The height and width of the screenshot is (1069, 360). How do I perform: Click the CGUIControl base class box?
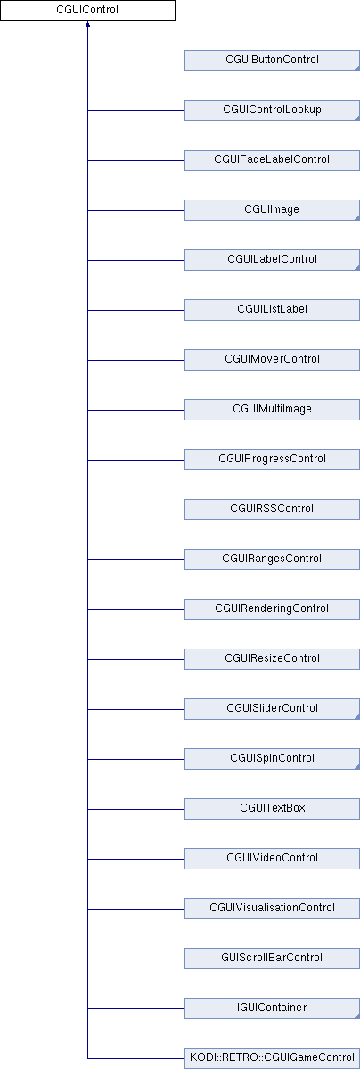(87, 10)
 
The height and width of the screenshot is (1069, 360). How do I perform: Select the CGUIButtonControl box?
(272, 61)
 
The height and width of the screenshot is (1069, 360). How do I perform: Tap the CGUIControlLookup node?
(272, 110)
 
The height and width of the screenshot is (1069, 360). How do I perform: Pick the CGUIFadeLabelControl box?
(272, 159)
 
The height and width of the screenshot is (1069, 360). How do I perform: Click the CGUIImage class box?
(272, 210)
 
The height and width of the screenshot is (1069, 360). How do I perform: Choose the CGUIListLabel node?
(272, 310)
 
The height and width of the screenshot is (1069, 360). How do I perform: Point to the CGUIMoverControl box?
(272, 359)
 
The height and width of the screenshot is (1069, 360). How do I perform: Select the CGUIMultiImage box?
(272, 410)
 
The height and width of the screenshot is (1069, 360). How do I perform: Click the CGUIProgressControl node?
(272, 459)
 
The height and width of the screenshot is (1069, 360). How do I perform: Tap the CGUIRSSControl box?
(272, 510)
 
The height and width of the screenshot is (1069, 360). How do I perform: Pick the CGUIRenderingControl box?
(272, 609)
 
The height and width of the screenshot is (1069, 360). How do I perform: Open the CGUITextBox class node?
(272, 809)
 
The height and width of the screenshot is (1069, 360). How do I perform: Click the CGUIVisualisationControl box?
(272, 908)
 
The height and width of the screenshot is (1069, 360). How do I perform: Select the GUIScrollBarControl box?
(272, 958)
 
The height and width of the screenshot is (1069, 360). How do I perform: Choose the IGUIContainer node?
(272, 1008)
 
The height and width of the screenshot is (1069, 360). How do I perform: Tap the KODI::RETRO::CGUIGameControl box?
(272, 1057)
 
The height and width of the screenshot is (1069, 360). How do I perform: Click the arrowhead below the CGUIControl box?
(88, 24)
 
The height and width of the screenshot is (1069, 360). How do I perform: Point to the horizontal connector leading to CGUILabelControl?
(136, 260)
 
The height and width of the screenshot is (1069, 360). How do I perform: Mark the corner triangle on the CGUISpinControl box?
(356, 766)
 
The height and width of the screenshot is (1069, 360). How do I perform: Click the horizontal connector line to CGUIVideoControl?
(136, 859)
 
